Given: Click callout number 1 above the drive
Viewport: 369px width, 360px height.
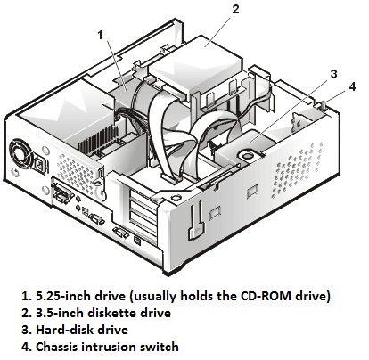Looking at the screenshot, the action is point(100,36).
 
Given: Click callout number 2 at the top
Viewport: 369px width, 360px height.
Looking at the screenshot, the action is point(235,9).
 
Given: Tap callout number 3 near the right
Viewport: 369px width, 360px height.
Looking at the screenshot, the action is point(333,74).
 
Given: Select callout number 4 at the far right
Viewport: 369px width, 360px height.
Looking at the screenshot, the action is point(352,86).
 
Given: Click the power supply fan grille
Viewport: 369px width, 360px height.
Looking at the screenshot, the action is point(20,154).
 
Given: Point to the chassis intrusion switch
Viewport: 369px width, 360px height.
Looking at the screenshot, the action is point(324,105).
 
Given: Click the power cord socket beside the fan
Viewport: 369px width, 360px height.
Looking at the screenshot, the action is point(39,164).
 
